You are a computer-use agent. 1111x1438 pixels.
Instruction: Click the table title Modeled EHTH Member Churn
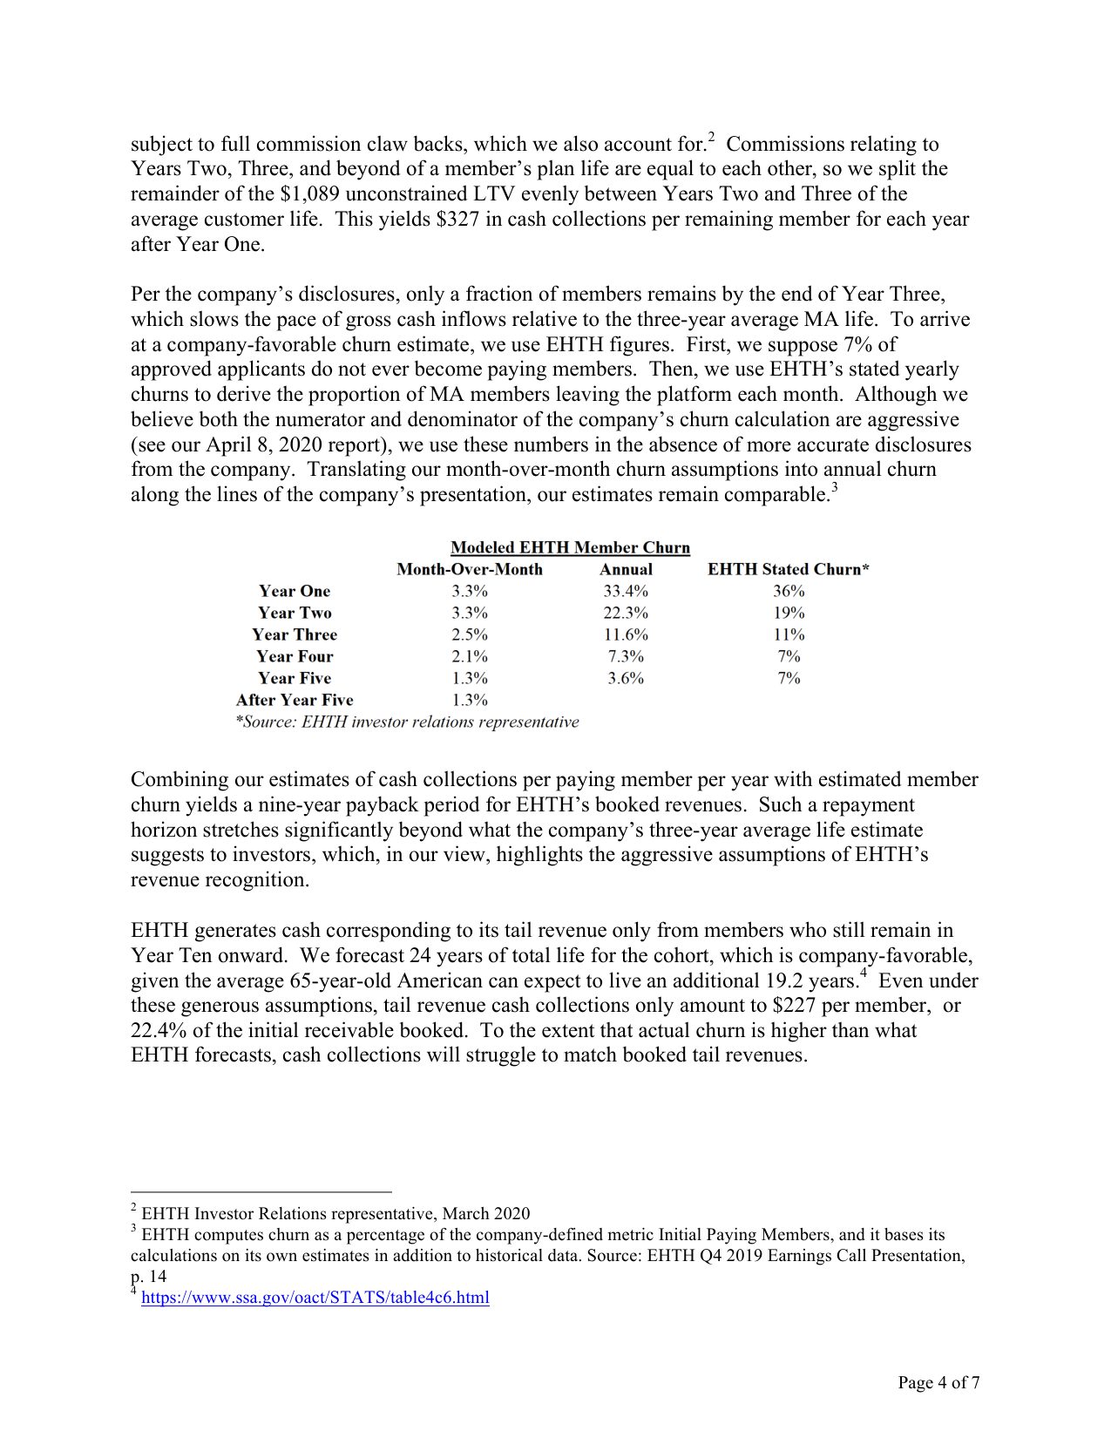tap(570, 547)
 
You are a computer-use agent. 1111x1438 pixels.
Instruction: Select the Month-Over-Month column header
tap(469, 569)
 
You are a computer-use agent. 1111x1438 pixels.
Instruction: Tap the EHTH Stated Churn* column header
tap(788, 569)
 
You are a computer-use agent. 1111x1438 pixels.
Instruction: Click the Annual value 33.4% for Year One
tap(626, 591)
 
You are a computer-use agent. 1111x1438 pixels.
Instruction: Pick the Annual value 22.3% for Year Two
tap(626, 613)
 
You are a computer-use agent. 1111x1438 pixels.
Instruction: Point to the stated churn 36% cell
tap(789, 591)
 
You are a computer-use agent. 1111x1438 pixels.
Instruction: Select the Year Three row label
tap(295, 634)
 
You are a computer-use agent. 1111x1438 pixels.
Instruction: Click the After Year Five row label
tap(295, 700)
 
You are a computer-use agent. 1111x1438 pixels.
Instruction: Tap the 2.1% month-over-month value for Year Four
tap(469, 656)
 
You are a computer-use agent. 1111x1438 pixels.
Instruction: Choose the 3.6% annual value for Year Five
tap(626, 678)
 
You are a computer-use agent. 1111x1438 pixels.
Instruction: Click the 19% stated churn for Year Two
tap(789, 613)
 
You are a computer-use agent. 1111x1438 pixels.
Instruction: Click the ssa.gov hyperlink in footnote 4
tap(315, 1298)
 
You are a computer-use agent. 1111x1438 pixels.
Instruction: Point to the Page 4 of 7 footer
tap(938, 1383)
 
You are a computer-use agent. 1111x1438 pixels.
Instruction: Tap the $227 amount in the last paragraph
tap(793, 1006)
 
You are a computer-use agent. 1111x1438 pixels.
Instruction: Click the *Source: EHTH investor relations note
tap(407, 722)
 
